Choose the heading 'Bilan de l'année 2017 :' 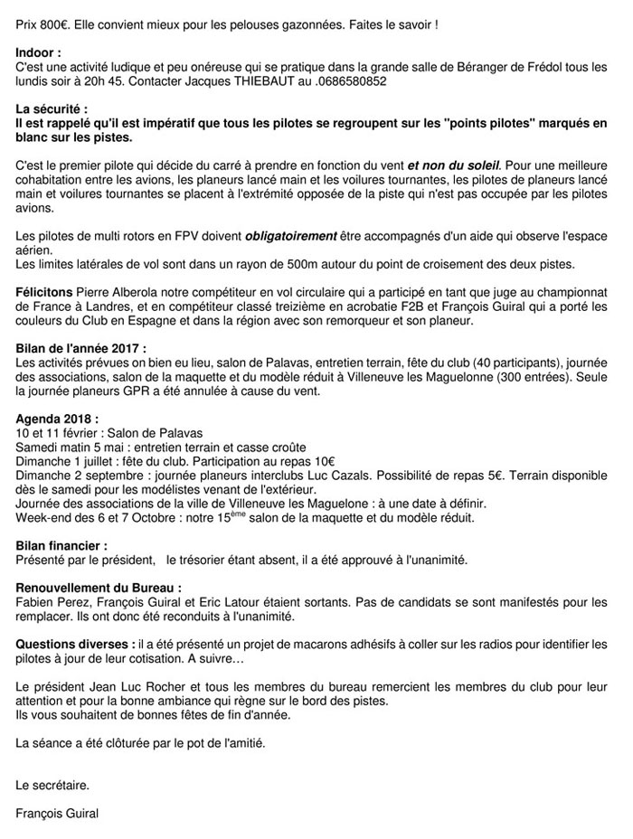(81, 348)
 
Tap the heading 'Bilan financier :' (61, 545)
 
